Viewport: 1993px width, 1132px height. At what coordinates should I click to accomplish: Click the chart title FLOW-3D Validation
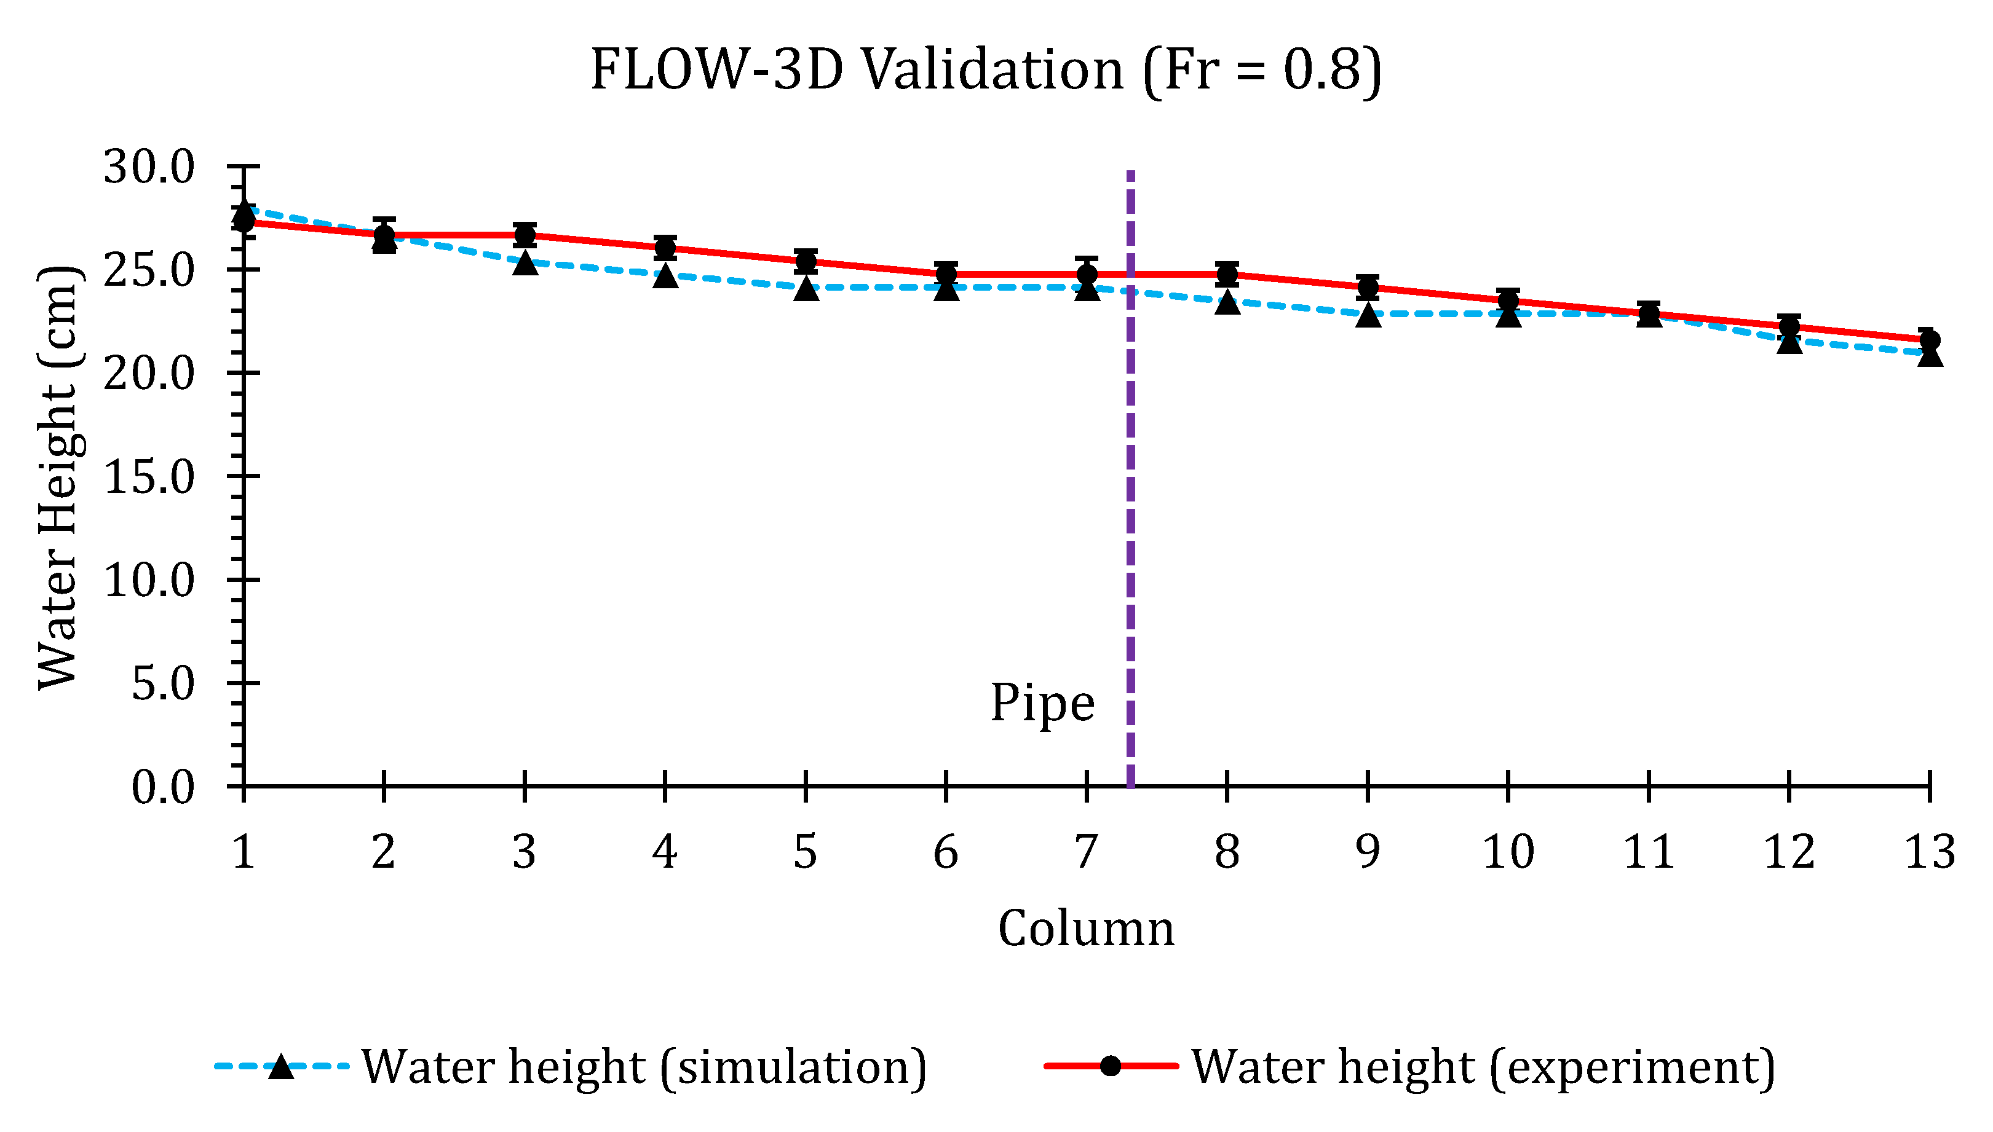pyautogui.click(x=986, y=70)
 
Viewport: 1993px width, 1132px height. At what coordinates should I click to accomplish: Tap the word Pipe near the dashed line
pyautogui.click(x=1042, y=703)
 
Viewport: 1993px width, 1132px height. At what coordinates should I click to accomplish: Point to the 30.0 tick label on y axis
pyautogui.click(x=149, y=167)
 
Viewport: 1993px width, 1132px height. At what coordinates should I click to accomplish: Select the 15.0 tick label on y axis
pyautogui.click(x=149, y=477)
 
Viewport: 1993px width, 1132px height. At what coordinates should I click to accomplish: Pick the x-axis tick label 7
pyautogui.click(x=1086, y=852)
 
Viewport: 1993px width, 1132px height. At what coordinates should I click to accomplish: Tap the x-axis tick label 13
pyautogui.click(x=1928, y=852)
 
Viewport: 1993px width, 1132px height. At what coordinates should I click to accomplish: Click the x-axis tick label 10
pyautogui.click(x=1508, y=852)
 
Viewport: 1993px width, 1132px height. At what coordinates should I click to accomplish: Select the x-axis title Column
pyautogui.click(x=1086, y=929)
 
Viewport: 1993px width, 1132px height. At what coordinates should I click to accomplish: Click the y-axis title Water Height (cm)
pyautogui.click(x=58, y=478)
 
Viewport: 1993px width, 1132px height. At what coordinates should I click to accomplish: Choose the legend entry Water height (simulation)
pyautogui.click(x=643, y=1067)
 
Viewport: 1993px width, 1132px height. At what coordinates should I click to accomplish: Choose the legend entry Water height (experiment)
pyautogui.click(x=1483, y=1067)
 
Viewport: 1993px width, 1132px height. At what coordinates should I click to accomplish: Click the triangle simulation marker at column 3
pyautogui.click(x=525, y=264)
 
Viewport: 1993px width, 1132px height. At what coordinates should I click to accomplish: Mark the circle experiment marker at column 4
pyautogui.click(x=665, y=248)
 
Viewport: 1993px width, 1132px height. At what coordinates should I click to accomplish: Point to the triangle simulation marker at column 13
pyautogui.click(x=1929, y=355)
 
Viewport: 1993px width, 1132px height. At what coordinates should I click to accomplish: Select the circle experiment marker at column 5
pyautogui.click(x=806, y=261)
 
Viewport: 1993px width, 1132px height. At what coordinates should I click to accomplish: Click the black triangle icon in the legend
pyautogui.click(x=281, y=1067)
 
